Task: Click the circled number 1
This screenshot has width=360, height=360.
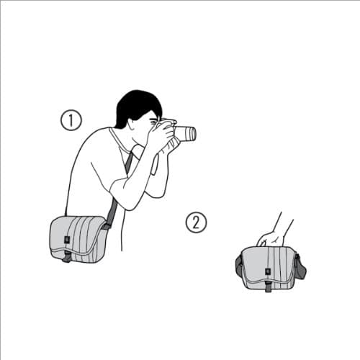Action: click(71, 120)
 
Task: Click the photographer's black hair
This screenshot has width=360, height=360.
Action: click(135, 105)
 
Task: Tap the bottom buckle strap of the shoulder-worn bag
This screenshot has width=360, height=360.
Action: click(67, 256)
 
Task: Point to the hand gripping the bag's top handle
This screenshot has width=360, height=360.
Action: click(272, 238)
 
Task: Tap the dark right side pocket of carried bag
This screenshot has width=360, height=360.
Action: click(300, 267)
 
